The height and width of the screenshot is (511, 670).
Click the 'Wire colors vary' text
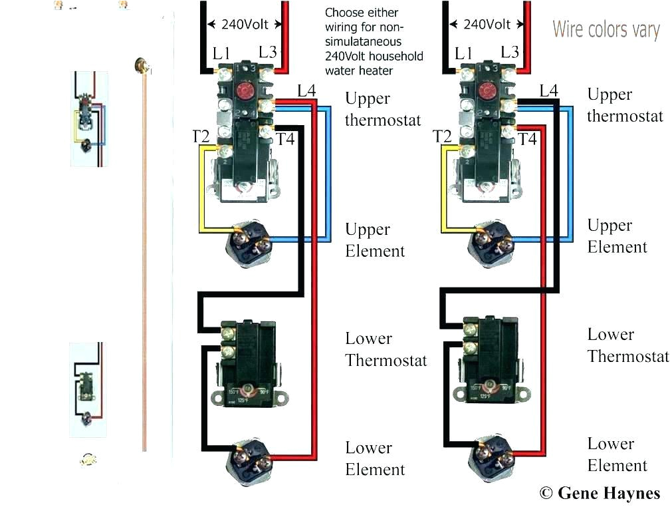coord(606,30)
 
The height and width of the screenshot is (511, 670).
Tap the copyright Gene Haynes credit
coord(600,493)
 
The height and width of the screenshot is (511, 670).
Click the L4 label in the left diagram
coord(306,91)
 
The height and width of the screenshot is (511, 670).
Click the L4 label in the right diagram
coord(549,91)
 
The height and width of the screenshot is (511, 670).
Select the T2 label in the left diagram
coord(201,136)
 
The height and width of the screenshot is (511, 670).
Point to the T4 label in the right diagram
coord(527,139)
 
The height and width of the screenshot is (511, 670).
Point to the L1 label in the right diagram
coord(463,53)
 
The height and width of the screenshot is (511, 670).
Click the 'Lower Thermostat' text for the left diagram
coord(386,349)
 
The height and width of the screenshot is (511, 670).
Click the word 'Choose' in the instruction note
coord(343,13)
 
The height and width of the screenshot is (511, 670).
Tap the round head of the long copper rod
coord(141,65)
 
